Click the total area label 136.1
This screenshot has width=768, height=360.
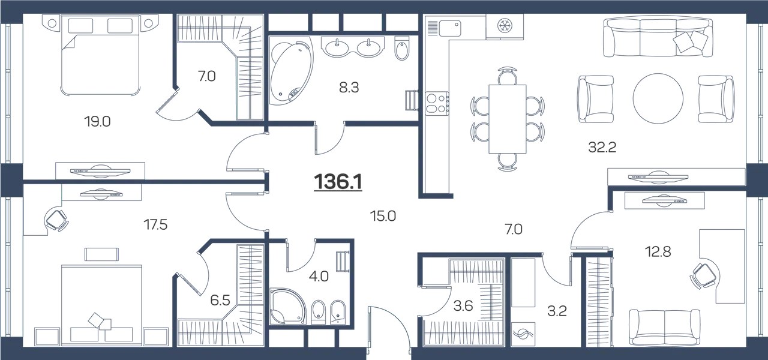coord(338,182)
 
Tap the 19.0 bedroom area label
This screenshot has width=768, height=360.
coord(97,122)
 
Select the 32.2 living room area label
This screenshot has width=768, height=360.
coord(602,148)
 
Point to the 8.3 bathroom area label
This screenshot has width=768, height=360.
coord(349,88)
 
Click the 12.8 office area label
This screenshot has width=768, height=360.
coord(658,252)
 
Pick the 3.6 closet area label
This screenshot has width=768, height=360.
coord(463,305)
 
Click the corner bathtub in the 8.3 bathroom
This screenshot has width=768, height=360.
coord(291,71)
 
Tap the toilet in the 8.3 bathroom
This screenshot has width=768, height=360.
coord(402,48)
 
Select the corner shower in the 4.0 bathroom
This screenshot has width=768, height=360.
coord(287,306)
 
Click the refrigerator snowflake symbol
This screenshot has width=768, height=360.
coord(505,25)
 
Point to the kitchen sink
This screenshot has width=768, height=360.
coord(445,28)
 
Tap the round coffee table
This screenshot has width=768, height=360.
coord(658,98)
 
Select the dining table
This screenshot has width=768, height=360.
coord(508,119)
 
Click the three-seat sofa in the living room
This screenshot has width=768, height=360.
coord(658,37)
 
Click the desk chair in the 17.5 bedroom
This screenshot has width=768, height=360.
coord(56,220)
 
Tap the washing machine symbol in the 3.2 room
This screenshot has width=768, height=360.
coord(523,334)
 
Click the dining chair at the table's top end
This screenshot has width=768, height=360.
coord(508,76)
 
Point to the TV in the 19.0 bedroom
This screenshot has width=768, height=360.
coord(100,171)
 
